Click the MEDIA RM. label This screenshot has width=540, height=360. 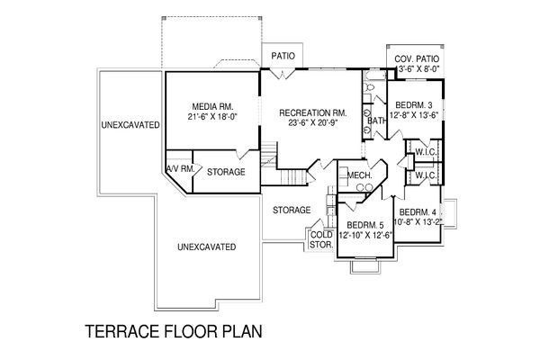click(212, 106)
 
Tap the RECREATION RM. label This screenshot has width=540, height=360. click(312, 112)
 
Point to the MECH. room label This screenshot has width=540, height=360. click(359, 175)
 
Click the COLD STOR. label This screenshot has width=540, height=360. click(321, 239)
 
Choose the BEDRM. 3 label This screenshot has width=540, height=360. click(414, 105)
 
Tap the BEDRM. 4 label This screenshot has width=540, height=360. click(418, 211)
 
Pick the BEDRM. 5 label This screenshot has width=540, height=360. click(365, 225)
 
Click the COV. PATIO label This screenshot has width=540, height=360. click(417, 58)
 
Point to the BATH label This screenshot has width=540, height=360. click(377, 121)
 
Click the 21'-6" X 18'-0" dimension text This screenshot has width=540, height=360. click(212, 116)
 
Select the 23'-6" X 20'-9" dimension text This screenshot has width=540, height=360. click(312, 122)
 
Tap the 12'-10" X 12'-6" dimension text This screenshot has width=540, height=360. click(365, 235)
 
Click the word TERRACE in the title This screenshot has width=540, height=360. click(122, 331)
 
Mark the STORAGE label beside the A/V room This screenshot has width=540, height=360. click(226, 172)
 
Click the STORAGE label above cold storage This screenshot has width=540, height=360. click(292, 210)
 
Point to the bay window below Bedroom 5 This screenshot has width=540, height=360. click(365, 265)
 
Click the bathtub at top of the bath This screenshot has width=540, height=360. click(375, 76)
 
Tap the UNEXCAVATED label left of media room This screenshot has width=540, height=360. click(130, 125)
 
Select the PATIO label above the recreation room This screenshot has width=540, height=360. click(283, 56)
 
